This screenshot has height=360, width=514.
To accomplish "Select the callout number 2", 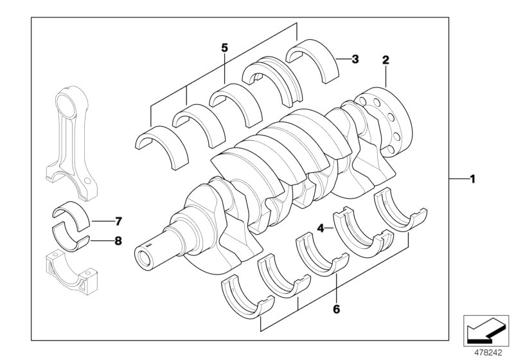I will (x=385, y=60).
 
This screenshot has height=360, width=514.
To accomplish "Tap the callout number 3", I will (x=355, y=59).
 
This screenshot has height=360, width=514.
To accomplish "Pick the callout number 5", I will (x=224, y=47).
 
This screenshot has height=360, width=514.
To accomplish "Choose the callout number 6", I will (x=336, y=309).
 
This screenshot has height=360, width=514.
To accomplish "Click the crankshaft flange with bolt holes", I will (x=385, y=119).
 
